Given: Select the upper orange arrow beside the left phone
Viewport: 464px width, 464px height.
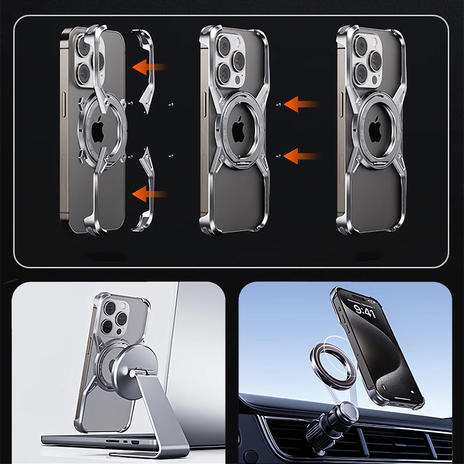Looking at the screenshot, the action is [150, 67].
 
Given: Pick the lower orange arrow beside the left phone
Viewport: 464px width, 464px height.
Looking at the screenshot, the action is [150, 194].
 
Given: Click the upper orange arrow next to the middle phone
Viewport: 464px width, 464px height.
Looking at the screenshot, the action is [301, 104].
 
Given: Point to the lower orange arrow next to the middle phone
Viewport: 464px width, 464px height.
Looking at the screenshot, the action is [301, 156].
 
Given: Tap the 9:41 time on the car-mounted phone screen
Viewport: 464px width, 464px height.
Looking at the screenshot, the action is [364, 311].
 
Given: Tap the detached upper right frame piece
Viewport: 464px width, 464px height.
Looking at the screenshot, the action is [144, 71].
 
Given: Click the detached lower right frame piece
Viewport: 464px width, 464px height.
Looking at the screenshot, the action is [144, 190].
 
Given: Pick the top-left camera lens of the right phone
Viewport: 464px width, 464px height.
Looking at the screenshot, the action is [361, 46].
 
